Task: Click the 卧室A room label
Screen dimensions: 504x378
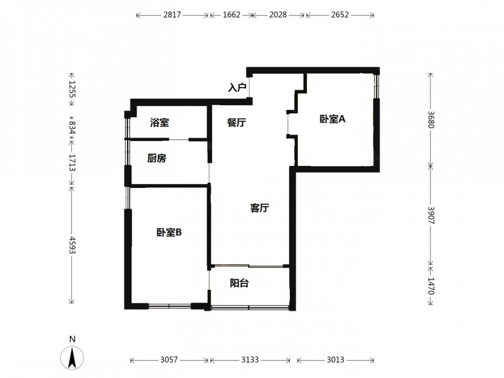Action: point(332,119)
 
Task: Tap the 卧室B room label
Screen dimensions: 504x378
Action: point(169,232)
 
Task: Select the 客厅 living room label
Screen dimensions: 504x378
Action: point(260,208)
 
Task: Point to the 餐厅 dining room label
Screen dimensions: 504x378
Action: point(236,122)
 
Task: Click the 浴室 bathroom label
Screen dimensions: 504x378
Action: point(159,122)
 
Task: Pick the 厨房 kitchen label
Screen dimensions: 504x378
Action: point(157,158)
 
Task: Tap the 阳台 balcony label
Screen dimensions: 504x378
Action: point(239,283)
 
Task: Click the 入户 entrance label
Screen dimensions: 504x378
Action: point(237,87)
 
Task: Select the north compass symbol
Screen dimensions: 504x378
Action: point(72,358)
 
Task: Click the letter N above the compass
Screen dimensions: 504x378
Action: point(72,339)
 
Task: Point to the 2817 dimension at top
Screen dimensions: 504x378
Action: point(172,15)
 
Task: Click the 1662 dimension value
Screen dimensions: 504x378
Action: point(231,15)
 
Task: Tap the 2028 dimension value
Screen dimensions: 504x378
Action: point(278,15)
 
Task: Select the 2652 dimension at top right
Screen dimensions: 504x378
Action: point(340,15)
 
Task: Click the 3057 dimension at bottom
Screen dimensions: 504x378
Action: point(169,360)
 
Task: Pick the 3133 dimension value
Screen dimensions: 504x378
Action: point(250,360)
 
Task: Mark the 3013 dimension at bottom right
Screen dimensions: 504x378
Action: point(336,360)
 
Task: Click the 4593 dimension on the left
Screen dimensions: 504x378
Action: point(72,245)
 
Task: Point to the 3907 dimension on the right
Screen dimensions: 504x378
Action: point(431,215)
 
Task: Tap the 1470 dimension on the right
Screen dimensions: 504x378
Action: point(431,286)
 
